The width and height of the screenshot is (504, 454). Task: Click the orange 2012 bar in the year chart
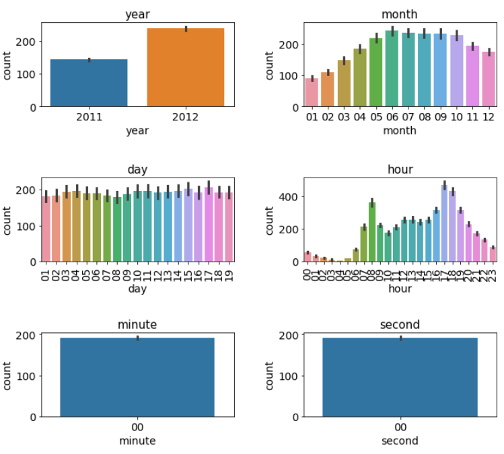186,67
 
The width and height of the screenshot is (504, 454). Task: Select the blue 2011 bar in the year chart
89,83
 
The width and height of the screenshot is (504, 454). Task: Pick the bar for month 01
311,93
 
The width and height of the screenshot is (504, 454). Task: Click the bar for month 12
488,79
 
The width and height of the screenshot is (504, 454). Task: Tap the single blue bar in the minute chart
137,377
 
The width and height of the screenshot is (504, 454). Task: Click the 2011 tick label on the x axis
89,117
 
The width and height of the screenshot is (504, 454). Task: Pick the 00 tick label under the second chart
400,427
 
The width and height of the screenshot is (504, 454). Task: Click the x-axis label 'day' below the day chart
137,289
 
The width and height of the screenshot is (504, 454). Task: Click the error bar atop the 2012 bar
186,29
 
